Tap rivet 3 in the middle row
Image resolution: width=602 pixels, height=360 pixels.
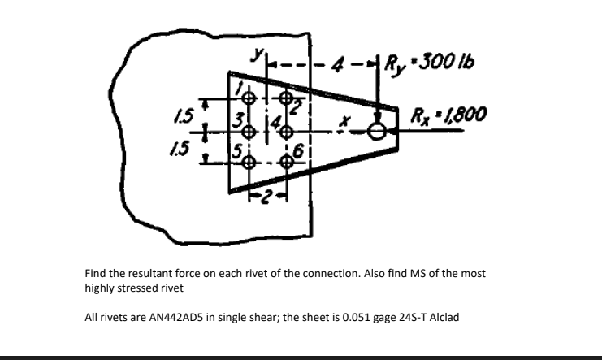click(x=250, y=130)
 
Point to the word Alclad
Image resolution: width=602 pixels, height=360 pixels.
click(x=442, y=317)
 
